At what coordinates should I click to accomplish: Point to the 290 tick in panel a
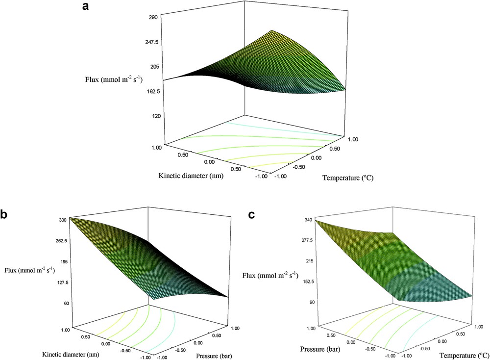[150, 17]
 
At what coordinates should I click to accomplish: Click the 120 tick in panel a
[150, 116]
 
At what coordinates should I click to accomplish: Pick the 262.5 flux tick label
[60, 241]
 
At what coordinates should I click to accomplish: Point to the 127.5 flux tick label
[60, 283]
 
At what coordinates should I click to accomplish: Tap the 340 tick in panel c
[308, 220]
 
